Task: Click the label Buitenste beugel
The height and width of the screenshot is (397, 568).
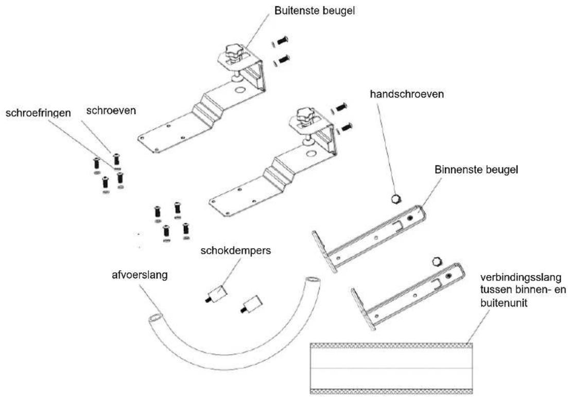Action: pyautogui.click(x=315, y=10)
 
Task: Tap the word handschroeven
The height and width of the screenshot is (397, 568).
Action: pyautogui.click(x=407, y=94)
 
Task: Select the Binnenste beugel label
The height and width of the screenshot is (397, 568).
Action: pyautogui.click(x=476, y=170)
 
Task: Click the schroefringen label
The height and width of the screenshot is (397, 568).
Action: pyautogui.click(x=38, y=113)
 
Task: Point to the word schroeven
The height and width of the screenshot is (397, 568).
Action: pyautogui.click(x=111, y=110)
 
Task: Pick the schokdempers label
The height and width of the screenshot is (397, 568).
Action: pyautogui.click(x=235, y=251)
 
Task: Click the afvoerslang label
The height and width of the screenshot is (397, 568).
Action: pyautogui.click(x=140, y=275)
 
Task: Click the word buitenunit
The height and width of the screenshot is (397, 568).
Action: pyautogui.click(x=504, y=303)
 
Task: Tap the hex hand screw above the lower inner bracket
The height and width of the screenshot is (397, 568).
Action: pyautogui.click(x=438, y=261)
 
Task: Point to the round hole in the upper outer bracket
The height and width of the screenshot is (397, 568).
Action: pyautogui.click(x=239, y=90)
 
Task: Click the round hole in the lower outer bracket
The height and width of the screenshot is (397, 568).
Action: pyautogui.click(x=311, y=154)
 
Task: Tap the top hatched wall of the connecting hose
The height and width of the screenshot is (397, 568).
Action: pyautogui.click(x=391, y=345)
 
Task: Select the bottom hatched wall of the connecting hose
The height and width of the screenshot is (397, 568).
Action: pyautogui.click(x=391, y=391)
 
